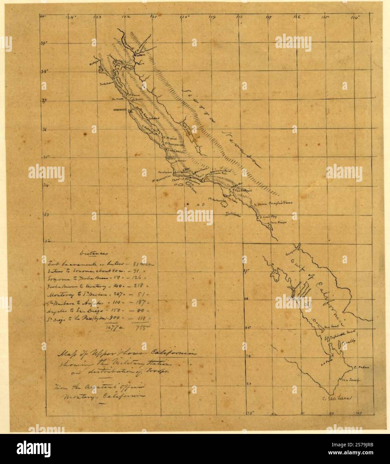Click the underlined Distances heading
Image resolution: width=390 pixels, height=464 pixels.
90,253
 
